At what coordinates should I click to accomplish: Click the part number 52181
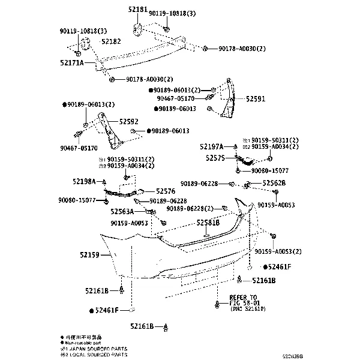(137, 10)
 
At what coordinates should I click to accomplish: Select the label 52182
(111, 41)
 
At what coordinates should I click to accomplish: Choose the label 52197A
(212, 146)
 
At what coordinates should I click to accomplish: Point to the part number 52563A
(122, 211)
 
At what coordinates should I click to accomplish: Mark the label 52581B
(208, 223)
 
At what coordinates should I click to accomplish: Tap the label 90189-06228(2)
(190, 208)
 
